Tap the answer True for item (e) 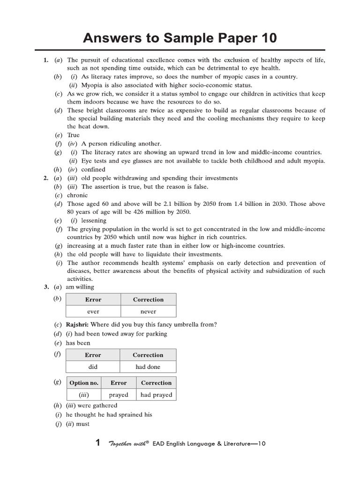point(74,135)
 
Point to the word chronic point(77,195)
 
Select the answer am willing point(80,287)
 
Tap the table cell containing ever point(93,311)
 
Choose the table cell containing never point(148,311)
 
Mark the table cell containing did point(93,367)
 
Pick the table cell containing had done point(148,367)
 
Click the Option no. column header point(84,382)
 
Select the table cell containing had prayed point(156,395)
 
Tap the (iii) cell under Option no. point(84,395)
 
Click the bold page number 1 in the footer point(98,443)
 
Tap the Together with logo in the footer point(128,443)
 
